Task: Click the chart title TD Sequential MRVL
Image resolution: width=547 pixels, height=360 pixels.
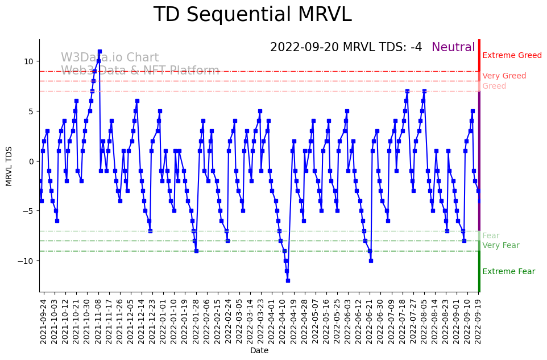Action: tap(252, 15)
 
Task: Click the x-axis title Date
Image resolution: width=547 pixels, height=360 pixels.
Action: tap(259, 351)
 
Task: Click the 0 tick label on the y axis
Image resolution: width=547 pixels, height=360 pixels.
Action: tap(31, 161)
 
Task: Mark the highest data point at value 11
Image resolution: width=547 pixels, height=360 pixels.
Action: tap(100, 51)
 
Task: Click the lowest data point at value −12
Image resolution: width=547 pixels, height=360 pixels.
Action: tap(288, 280)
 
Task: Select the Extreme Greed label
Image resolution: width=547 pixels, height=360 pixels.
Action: tap(512, 56)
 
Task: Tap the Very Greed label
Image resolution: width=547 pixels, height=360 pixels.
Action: tap(504, 76)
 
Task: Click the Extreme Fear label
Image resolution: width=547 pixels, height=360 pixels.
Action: tap(508, 272)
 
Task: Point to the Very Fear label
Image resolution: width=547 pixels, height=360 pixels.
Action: tap(500, 246)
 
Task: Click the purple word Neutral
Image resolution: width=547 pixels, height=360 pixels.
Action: tap(453, 48)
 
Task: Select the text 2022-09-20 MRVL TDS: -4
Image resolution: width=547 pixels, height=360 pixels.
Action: tap(346, 48)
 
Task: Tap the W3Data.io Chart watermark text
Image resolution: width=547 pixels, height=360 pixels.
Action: tap(110, 58)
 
